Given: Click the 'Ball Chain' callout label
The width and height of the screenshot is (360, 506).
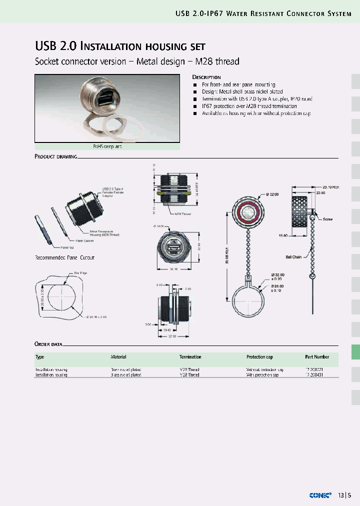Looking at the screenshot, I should pyautogui.click(x=293, y=256).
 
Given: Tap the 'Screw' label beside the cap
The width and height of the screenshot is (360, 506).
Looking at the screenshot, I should pyautogui.click(x=327, y=219).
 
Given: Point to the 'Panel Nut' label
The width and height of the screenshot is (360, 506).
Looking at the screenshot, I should pyautogui.click(x=67, y=247).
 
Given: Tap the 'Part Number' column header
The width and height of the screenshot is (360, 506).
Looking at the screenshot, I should pyautogui.click(x=317, y=357).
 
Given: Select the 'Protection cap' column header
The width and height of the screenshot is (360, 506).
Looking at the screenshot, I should pyautogui.click(x=259, y=357).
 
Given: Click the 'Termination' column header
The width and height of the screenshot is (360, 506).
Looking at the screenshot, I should pyautogui.click(x=190, y=357).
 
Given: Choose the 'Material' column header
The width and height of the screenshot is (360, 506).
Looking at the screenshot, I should pyautogui.click(x=118, y=357).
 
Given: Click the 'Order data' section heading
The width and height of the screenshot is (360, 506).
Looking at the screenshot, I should pyautogui.click(x=48, y=344).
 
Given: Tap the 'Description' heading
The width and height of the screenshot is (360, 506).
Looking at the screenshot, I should pyautogui.click(x=206, y=77).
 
